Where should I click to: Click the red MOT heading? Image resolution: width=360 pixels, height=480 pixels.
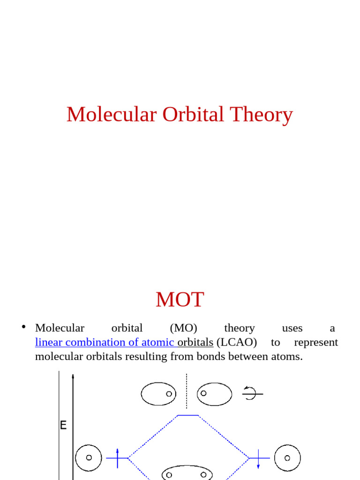pyautogui.click(x=180, y=300)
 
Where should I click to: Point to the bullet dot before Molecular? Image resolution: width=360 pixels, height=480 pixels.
pyautogui.click(x=23, y=327)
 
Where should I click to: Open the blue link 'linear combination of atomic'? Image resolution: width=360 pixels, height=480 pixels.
pyautogui.click(x=105, y=342)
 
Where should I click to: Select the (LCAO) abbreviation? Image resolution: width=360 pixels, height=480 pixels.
pyautogui.click(x=237, y=342)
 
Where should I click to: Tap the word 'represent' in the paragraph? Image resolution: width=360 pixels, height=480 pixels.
pyautogui.click(x=315, y=342)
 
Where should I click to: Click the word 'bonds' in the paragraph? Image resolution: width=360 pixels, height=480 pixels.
pyautogui.click(x=197, y=357)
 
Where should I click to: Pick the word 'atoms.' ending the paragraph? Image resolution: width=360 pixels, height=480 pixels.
pyautogui.click(x=288, y=357)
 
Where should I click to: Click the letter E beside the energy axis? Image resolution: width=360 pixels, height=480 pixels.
pyautogui.click(x=63, y=426)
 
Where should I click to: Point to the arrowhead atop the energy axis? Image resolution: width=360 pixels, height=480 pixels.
pyautogui.click(x=73, y=376)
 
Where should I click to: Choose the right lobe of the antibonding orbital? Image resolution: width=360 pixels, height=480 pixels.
pyautogui.click(x=214, y=394)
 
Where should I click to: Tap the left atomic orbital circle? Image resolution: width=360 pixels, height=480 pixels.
pyautogui.click(x=88, y=457)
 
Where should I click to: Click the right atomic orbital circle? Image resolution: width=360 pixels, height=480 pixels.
pyautogui.click(x=287, y=457)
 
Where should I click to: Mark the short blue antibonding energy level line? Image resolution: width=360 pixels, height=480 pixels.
pyautogui.click(x=187, y=415)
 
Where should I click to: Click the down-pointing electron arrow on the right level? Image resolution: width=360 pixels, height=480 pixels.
pyautogui.click(x=259, y=462)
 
